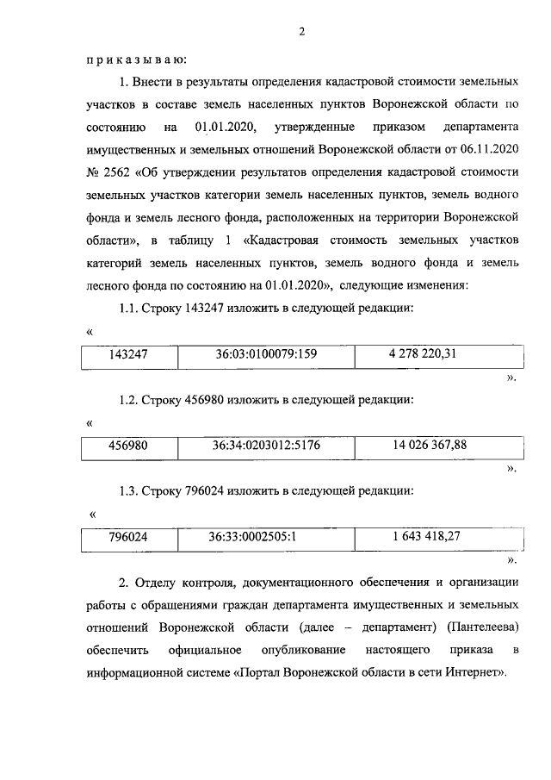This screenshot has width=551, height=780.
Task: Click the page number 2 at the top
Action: click(302, 32)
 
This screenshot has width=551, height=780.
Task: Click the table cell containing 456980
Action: click(128, 446)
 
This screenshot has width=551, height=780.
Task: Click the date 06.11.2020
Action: click(488, 149)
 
